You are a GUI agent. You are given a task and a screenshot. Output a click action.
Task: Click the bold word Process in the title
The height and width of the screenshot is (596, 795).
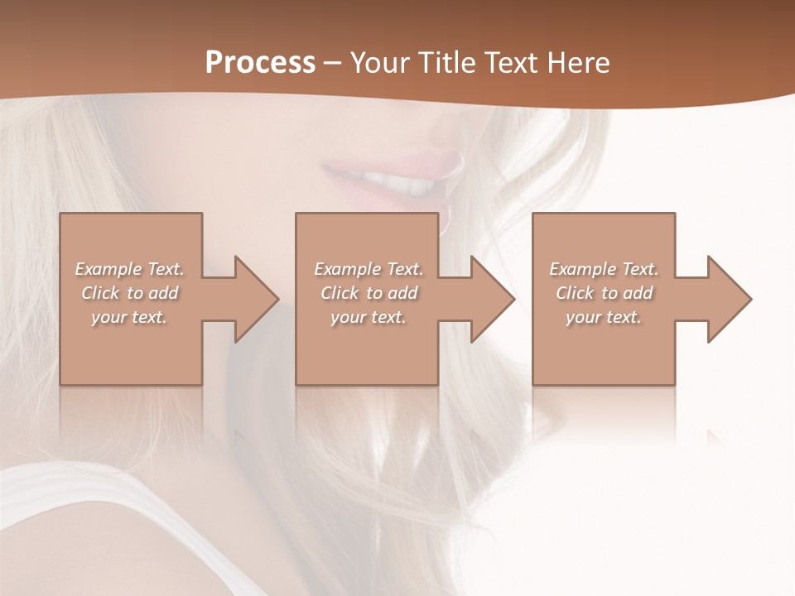pyautogui.click(x=260, y=63)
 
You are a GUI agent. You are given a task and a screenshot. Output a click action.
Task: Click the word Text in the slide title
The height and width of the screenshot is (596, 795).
pyautogui.click(x=510, y=63)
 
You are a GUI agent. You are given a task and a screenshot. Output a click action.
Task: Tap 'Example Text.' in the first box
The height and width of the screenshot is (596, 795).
pyautogui.click(x=129, y=269)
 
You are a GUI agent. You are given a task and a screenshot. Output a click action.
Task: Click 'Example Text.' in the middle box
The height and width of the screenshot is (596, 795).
pyautogui.click(x=368, y=269)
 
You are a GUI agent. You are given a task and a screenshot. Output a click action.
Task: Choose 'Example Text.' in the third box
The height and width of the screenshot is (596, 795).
pyautogui.click(x=604, y=269)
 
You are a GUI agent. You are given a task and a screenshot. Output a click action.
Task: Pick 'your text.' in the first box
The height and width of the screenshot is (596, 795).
pyautogui.click(x=129, y=317)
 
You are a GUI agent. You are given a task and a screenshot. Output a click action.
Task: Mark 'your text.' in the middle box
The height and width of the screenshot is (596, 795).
pyautogui.click(x=368, y=317)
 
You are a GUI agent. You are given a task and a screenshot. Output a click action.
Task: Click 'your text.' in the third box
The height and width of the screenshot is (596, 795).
pyautogui.click(x=604, y=317)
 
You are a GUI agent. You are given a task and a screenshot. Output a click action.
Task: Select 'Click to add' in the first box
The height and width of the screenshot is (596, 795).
pyautogui.click(x=129, y=293)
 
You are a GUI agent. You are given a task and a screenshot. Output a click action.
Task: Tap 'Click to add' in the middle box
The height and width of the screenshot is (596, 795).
pyautogui.click(x=368, y=293)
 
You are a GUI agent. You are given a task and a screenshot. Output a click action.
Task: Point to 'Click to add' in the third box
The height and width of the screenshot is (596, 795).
pyautogui.click(x=604, y=293)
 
